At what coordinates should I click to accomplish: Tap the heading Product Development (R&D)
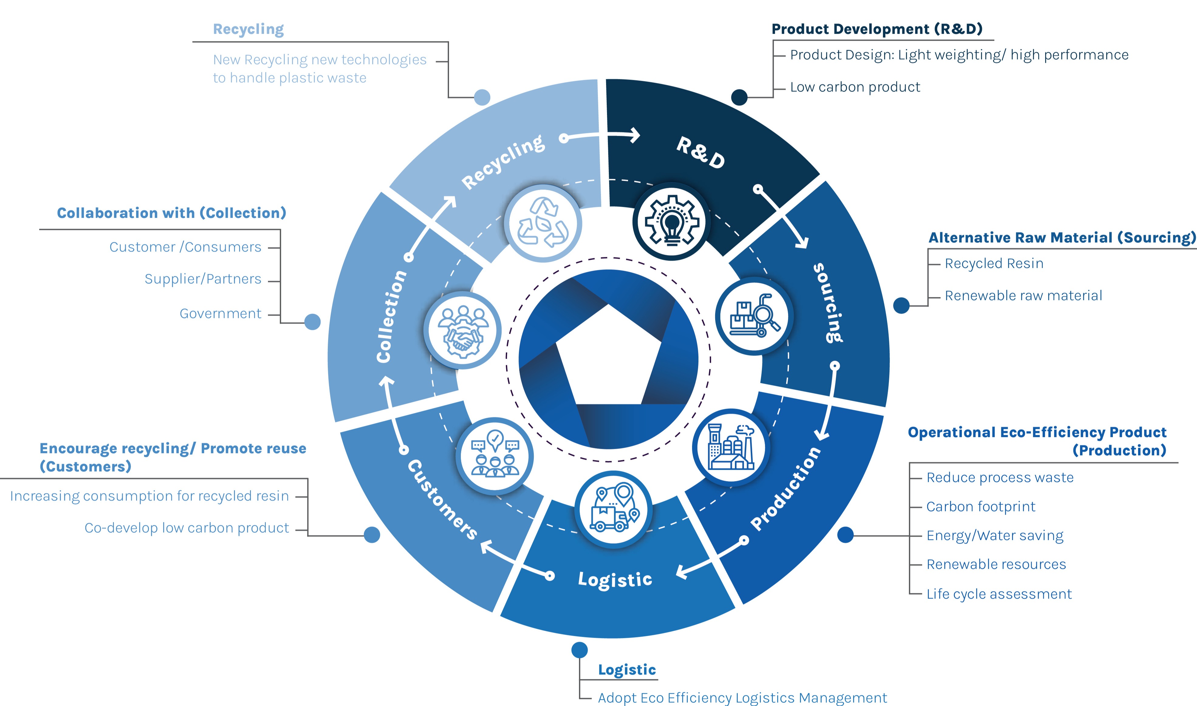(x=877, y=29)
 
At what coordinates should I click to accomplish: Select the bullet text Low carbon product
(x=855, y=87)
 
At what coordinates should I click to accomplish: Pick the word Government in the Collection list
(x=220, y=313)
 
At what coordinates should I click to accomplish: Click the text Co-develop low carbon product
(x=187, y=528)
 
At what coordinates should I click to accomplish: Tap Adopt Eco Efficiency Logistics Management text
(x=742, y=698)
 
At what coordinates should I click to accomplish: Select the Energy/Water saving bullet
(x=995, y=536)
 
